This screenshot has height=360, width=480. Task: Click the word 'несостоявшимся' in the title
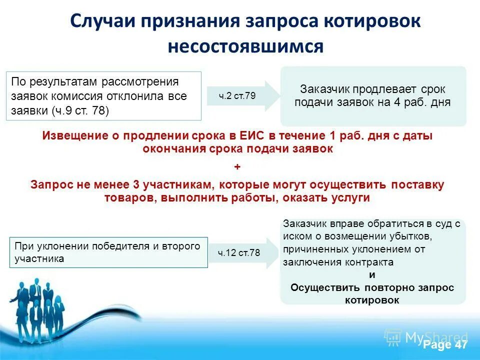245,46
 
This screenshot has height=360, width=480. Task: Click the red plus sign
237,166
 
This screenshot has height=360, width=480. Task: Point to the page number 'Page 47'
444,345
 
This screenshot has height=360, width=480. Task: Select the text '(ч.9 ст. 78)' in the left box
80,110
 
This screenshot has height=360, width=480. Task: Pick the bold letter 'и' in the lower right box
372,274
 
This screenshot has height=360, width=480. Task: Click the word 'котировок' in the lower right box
372,299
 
